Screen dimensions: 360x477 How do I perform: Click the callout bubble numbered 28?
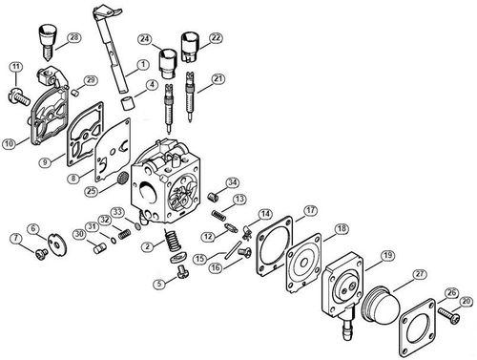(73, 37)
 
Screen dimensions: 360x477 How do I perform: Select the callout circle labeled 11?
(15, 66)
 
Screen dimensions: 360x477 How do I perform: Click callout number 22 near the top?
(216, 37)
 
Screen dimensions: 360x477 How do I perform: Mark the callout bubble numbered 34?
(230, 181)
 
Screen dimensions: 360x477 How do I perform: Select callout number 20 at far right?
(465, 302)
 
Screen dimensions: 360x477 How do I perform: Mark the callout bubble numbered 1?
(141, 65)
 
